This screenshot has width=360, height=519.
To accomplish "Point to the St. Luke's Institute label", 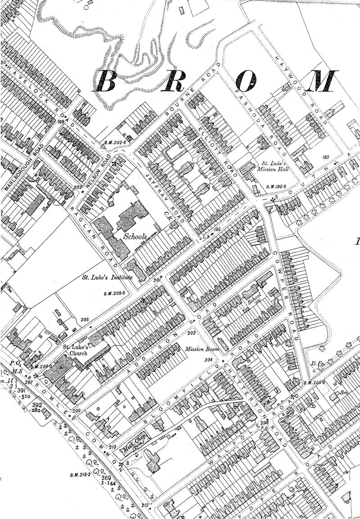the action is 107,277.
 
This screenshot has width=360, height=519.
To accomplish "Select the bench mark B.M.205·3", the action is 113,294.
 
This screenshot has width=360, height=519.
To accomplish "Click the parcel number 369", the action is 106,478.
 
